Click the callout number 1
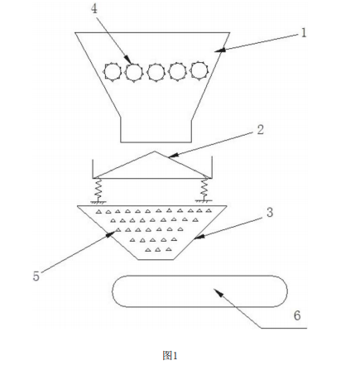[304, 33]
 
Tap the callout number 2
[261, 130]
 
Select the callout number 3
[270, 212]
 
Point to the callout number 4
[94, 9]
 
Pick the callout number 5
[36, 276]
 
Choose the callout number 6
[297, 315]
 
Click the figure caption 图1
[170, 355]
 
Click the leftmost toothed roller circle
[113, 72]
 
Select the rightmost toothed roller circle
[199, 70]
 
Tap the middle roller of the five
[156, 72]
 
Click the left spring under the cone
[98, 188]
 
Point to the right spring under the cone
[204, 188]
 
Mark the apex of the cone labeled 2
[155, 151]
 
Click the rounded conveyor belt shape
[199, 291]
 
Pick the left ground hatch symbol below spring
[98, 202]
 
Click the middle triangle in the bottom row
[158, 250]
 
